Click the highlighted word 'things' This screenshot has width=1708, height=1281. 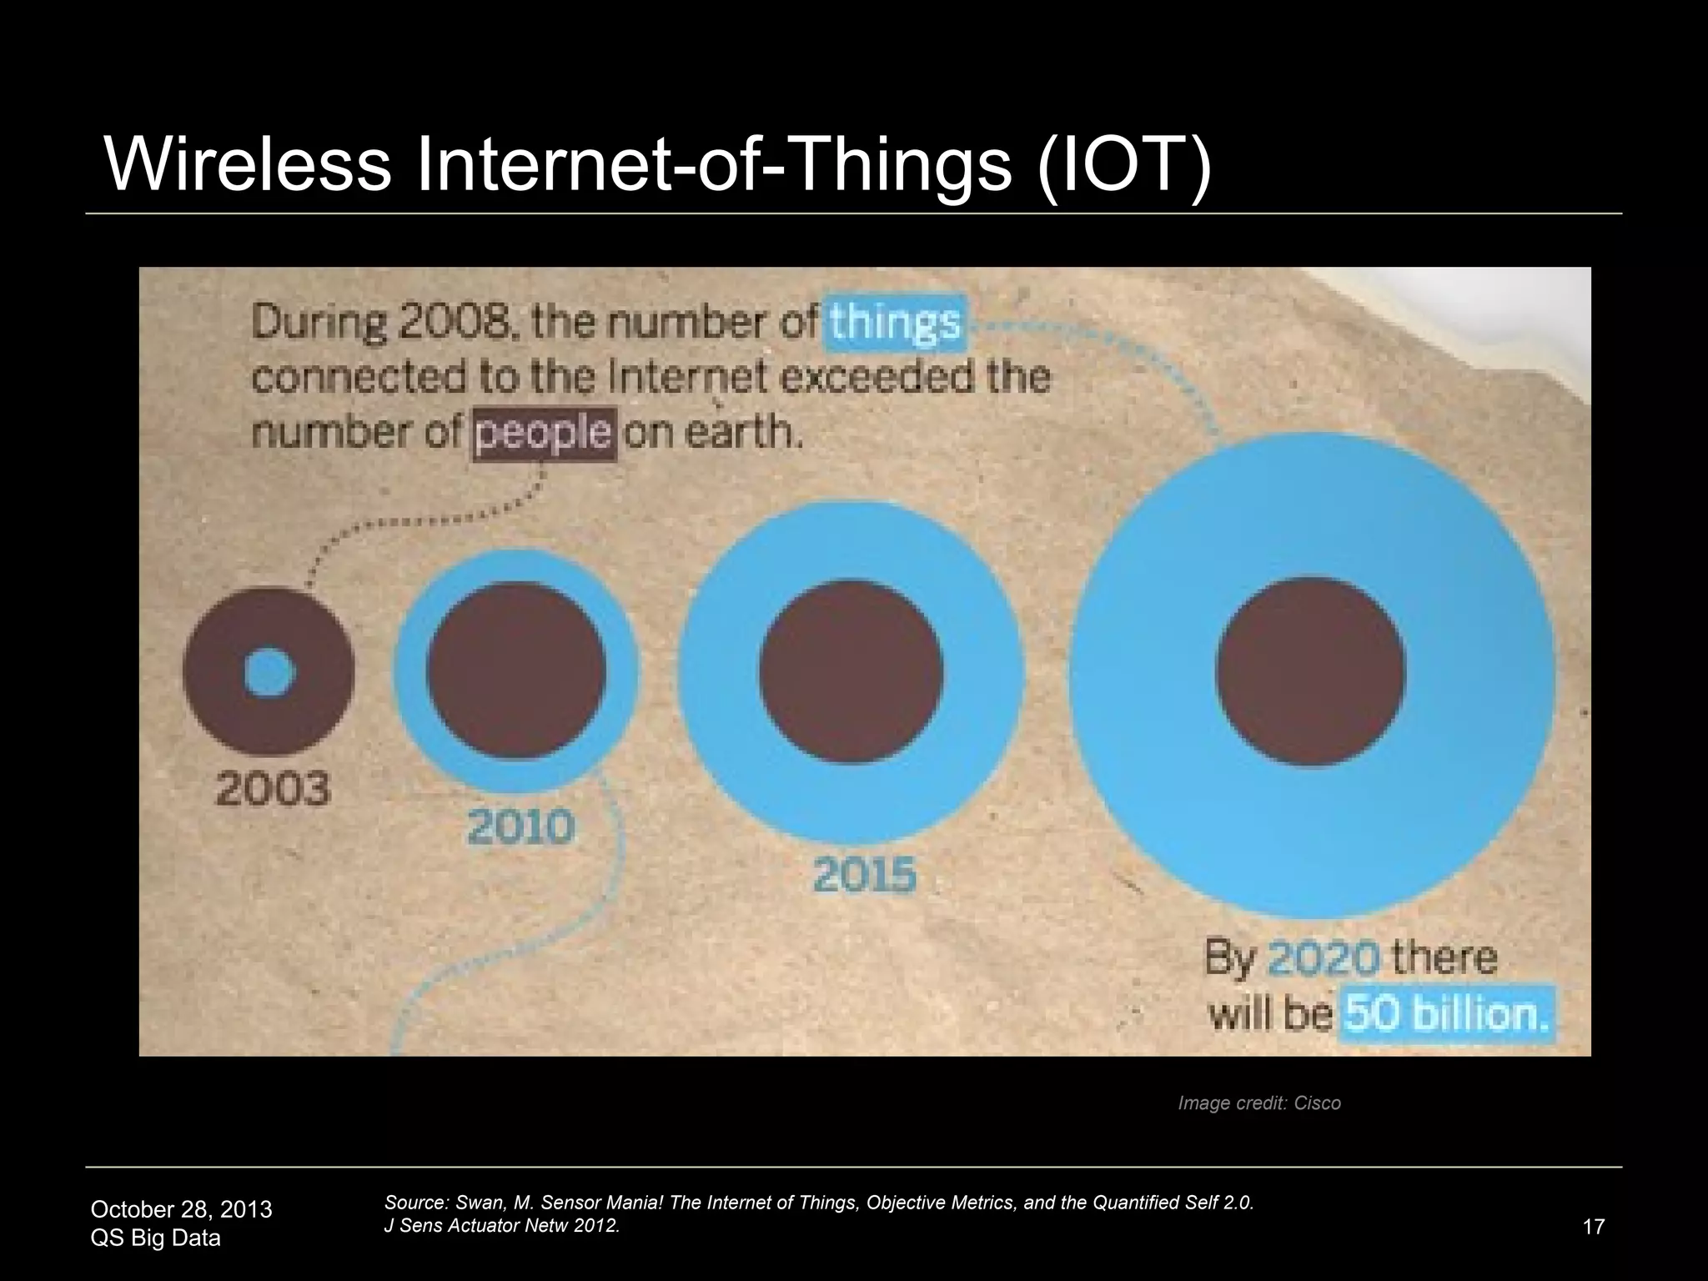tap(895, 323)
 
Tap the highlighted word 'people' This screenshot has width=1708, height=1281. tap(544, 434)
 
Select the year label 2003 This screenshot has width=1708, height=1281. tap(274, 789)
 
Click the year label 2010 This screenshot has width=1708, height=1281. tap(520, 827)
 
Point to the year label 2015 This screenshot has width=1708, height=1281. tap(865, 876)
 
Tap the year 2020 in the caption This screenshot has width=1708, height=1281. tap(1323, 958)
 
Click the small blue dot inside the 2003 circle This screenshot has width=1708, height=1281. tap(270, 672)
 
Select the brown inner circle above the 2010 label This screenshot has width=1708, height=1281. tap(516, 670)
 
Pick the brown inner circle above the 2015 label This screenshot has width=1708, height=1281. tap(851, 671)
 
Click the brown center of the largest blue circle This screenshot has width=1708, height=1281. tap(1310, 671)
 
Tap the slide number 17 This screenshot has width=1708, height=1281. tap(1593, 1227)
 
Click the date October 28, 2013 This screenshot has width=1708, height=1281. tap(181, 1209)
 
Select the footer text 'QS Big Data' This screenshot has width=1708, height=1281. tap(155, 1238)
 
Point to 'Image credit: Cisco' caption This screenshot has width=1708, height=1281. tap(1258, 1103)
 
